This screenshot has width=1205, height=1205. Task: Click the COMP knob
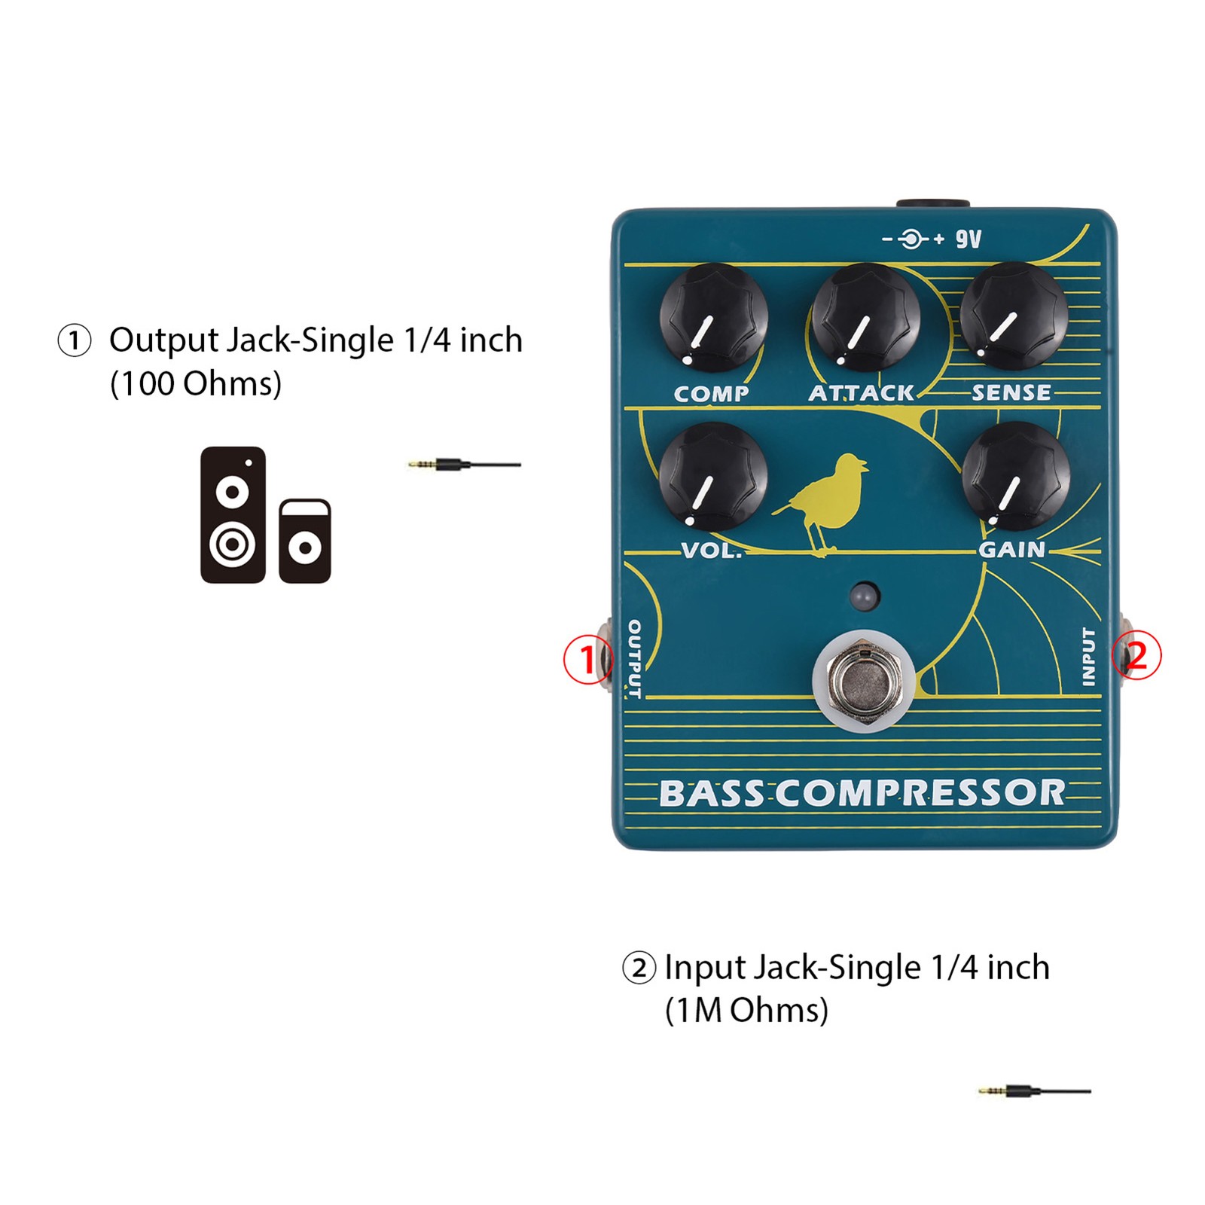713,318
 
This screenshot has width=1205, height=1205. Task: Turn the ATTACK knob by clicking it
865,317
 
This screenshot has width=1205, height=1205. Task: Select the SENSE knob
1014,316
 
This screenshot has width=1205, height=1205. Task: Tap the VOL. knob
713,477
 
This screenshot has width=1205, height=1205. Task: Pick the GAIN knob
1016,476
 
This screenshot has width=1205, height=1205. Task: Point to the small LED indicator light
865,596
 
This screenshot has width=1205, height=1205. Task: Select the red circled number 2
1136,654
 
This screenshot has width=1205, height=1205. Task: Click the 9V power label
969,239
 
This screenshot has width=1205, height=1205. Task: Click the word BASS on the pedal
713,793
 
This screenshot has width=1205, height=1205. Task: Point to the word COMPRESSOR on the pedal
920,792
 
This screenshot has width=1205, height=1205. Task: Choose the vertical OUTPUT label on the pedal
634,659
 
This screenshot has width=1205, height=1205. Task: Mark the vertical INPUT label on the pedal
1088,657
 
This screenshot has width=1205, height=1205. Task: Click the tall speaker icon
233,515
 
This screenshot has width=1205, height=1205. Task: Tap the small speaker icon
305,541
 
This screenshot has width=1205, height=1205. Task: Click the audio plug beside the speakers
465,465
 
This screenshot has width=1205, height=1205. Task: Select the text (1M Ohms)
746,1011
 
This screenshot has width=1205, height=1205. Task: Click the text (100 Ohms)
196,384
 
